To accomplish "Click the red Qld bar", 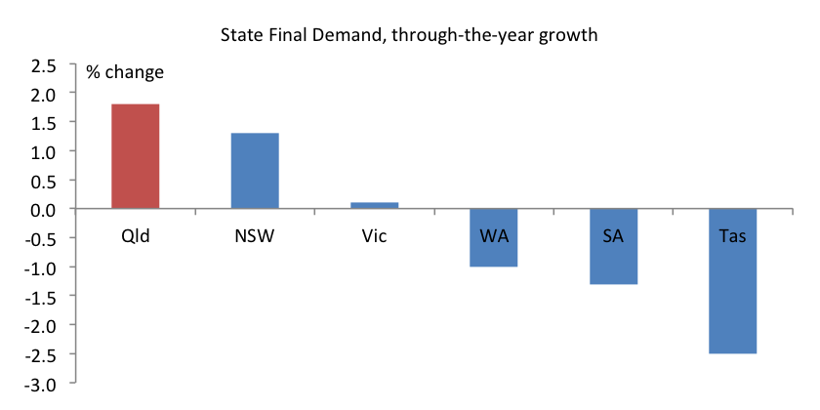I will (x=135, y=156).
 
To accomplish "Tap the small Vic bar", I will (x=374, y=205).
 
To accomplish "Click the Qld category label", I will (x=135, y=236).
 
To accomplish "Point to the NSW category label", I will (x=255, y=236).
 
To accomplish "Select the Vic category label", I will (x=374, y=236).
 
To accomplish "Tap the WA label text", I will (x=493, y=236).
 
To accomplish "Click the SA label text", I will (x=613, y=236).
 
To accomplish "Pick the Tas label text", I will (x=732, y=236).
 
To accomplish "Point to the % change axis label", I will (x=125, y=72).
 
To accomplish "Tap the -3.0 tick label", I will (x=43, y=383).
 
